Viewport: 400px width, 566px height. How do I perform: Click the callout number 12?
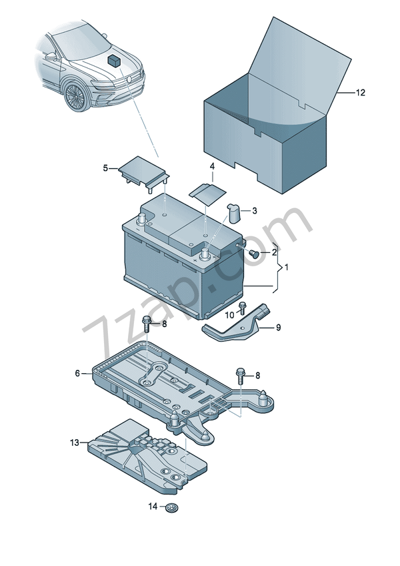pos(360,93)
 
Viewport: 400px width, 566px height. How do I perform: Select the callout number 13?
pos(74,443)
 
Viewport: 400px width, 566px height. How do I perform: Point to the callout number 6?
pos(77,374)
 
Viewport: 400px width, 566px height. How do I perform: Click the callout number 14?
pos(152,507)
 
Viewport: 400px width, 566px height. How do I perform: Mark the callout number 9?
pos(278,328)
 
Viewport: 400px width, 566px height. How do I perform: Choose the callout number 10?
pos(229,314)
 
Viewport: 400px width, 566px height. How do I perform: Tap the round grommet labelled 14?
pos(172,509)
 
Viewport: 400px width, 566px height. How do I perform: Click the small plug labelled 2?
pos(253,254)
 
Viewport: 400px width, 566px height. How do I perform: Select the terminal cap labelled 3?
pos(234,212)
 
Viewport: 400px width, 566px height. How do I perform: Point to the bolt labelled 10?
pos(243,308)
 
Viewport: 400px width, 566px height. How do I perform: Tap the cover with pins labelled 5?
pos(141,170)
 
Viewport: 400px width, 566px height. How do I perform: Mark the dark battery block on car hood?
pos(113,59)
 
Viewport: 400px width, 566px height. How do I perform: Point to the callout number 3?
pos(254,211)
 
